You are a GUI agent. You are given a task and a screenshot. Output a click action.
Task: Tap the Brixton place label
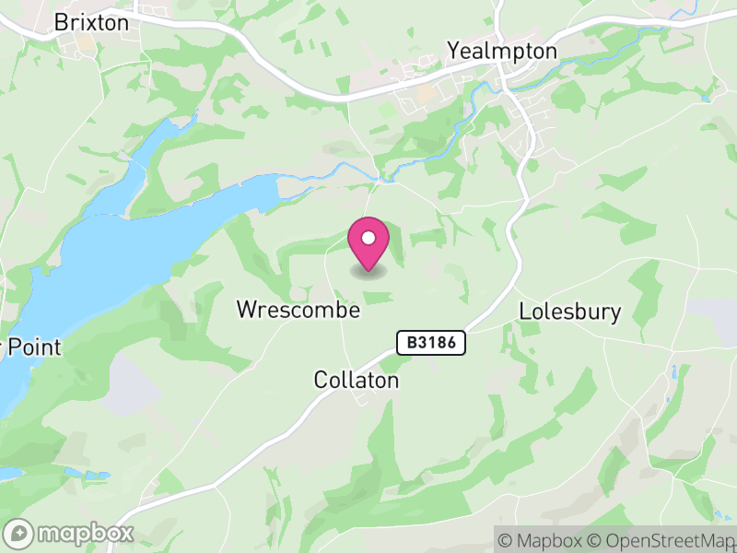coord(91,22)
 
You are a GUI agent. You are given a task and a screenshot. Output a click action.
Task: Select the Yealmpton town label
coord(502,51)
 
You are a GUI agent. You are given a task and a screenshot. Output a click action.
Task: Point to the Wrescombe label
coord(298,310)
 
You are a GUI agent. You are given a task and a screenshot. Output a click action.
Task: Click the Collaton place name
coord(356,380)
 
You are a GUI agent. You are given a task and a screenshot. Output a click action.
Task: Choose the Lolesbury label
coord(570,312)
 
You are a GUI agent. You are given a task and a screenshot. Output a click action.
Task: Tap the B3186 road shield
coord(432,343)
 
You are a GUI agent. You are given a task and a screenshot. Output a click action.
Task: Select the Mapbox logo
coord(70,533)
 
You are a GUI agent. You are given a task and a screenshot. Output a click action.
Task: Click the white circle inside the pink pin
coord(368,238)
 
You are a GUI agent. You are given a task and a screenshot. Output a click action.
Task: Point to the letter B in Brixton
coord(62,22)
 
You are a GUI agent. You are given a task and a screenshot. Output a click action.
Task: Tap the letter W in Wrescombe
coord(246,310)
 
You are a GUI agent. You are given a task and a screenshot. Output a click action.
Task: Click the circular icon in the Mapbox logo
coord(19,533)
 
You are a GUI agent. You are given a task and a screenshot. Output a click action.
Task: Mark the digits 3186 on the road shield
coord(439,343)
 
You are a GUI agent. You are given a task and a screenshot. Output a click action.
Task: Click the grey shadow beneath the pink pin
coord(368,272)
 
